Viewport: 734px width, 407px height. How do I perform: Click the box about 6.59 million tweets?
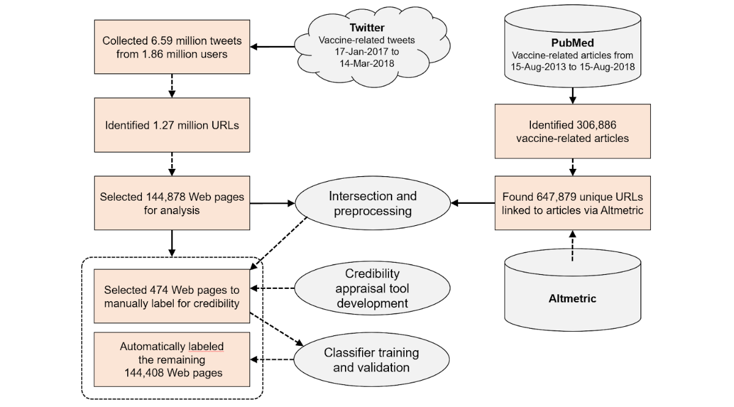(171, 47)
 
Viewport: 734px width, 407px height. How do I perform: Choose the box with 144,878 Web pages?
(171, 204)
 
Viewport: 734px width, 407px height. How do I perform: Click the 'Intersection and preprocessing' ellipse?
(373, 204)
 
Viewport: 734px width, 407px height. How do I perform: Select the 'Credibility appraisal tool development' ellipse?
(373, 288)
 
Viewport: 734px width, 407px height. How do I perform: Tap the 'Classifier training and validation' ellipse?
(373, 359)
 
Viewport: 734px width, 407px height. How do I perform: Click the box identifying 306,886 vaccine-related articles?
(572, 131)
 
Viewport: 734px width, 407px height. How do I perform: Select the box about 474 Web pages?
(171, 296)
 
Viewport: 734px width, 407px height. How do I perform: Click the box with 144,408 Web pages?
(171, 359)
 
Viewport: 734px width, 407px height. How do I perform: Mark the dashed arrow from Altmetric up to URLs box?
(572, 245)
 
